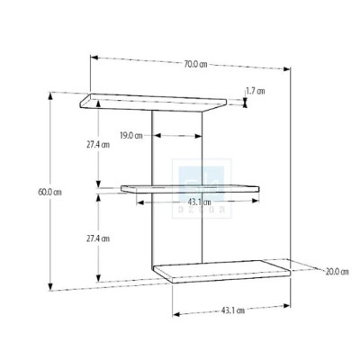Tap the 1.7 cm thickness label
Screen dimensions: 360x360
255,91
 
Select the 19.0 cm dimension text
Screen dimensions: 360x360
131,136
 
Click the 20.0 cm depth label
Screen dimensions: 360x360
337,272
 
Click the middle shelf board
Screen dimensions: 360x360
189,188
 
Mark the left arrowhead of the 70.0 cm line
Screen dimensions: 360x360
93,58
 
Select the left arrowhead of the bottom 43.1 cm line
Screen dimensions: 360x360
173,314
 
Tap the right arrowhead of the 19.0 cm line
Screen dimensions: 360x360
200,137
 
